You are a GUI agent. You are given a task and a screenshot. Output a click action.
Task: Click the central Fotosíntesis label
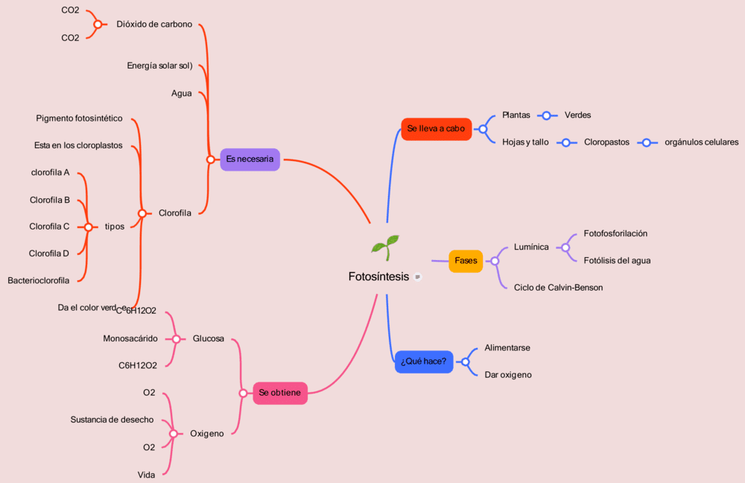378,277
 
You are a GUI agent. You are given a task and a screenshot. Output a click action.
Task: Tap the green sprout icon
385,247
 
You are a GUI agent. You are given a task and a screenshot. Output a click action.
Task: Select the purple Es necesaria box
250,159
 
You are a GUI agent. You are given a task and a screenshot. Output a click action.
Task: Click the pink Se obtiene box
280,393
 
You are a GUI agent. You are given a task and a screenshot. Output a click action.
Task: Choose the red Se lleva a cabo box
436,129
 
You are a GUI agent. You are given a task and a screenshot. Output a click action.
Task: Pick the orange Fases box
466,261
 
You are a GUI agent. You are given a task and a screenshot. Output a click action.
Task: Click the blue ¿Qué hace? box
423,362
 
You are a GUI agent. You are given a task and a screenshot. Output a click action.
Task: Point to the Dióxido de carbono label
154,24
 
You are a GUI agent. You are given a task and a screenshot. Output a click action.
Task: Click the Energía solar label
159,66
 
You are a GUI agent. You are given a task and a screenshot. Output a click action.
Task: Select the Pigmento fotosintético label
79,119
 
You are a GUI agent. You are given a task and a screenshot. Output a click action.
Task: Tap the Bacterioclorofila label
39,280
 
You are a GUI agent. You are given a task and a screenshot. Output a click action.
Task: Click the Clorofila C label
49,227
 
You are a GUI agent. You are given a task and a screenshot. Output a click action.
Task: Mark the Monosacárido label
130,338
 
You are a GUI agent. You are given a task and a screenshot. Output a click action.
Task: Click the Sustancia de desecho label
112,420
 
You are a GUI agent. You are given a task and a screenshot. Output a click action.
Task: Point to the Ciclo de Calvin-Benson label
558,287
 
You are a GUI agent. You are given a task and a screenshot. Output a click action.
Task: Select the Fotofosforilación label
615,233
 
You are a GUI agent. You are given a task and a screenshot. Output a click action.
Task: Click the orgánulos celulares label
701,142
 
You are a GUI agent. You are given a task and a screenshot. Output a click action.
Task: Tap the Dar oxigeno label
508,375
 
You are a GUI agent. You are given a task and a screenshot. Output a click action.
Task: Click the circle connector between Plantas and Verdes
547,116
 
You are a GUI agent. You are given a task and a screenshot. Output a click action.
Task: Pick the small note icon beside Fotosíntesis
418,277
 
